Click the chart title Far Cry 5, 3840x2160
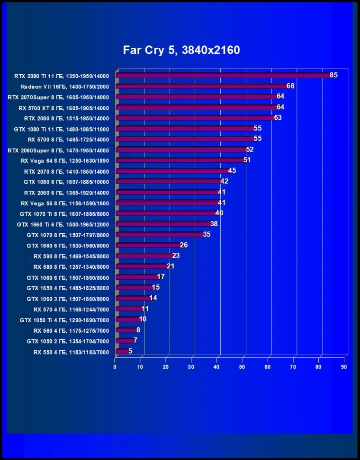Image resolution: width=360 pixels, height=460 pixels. [x=181, y=50]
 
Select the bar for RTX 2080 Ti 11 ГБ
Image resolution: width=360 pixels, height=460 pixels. [x=223, y=75]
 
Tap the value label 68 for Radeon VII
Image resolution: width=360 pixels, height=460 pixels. [x=290, y=86]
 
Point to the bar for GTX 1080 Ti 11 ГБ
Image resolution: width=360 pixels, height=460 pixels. [x=185, y=128]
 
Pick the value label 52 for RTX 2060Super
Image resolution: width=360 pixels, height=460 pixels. [x=250, y=150]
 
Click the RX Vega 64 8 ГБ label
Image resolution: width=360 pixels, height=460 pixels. [x=65, y=160]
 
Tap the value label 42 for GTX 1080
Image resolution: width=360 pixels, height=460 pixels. [x=224, y=181]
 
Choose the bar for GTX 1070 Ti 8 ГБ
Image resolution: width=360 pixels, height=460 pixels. [x=166, y=213]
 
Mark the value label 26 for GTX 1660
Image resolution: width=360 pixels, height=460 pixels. [x=184, y=245]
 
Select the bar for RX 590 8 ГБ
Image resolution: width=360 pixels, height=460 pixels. [x=144, y=256]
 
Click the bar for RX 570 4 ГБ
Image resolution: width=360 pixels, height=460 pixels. [x=129, y=309]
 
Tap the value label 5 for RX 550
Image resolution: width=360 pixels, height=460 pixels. [x=130, y=351]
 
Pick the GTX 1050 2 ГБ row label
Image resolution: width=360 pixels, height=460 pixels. [x=64, y=341]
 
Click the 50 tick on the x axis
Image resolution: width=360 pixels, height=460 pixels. [x=242, y=367]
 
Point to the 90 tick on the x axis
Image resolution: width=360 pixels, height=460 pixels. [x=344, y=367]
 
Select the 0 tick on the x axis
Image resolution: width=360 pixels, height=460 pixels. [x=115, y=367]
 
